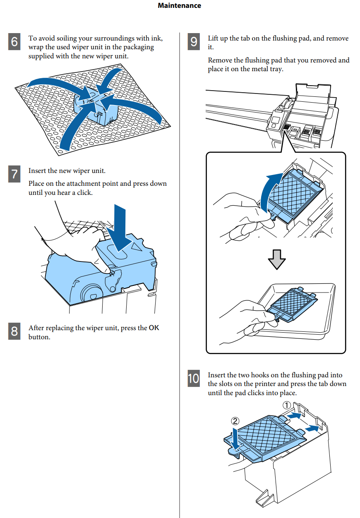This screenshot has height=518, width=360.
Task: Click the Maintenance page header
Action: [180, 6]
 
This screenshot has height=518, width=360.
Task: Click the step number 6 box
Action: [14, 42]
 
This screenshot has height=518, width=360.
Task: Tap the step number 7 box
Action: [14, 174]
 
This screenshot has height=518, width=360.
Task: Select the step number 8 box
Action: [14, 331]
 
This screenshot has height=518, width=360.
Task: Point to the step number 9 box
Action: [194, 42]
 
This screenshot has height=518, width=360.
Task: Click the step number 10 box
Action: [194, 379]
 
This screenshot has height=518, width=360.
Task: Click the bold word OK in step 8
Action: [154, 328]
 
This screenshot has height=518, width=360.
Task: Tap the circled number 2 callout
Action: [235, 421]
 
